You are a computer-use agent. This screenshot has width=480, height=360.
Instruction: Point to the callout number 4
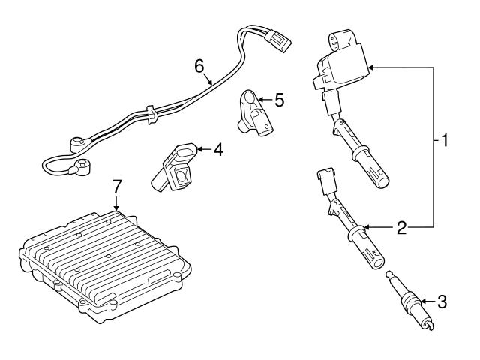[x=217, y=150]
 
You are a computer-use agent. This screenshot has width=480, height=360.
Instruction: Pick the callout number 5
[x=279, y=98]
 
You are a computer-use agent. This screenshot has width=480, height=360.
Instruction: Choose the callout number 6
[x=199, y=66]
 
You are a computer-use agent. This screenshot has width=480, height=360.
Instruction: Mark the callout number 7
[x=115, y=185]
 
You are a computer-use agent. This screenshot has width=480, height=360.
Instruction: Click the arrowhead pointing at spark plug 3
[x=424, y=301]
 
